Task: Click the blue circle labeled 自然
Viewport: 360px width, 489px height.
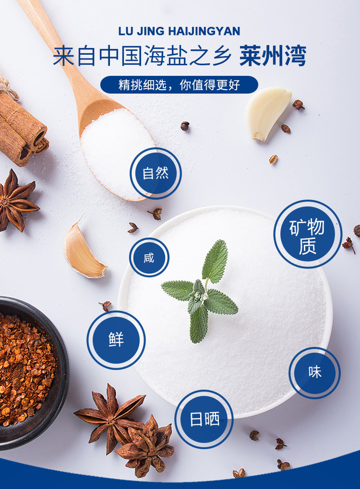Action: tap(156, 173)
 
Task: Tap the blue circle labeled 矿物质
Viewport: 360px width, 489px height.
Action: tap(308, 234)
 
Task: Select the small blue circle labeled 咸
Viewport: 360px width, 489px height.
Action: tap(149, 257)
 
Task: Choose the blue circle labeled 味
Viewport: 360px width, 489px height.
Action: tap(315, 373)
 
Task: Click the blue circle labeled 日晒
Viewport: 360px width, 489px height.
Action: tap(204, 419)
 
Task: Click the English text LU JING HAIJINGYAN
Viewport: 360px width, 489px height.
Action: tap(179, 31)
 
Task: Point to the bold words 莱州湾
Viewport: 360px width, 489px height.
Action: tap(273, 56)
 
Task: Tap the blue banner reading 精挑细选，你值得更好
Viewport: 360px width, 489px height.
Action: tap(179, 84)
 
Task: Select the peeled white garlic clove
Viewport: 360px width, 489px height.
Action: tap(268, 113)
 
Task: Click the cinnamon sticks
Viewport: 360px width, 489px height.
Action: tap(21, 128)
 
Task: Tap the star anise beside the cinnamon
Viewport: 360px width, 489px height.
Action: tap(16, 201)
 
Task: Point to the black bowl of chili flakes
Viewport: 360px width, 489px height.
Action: tap(30, 373)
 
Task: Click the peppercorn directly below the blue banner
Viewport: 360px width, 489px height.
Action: tap(185, 126)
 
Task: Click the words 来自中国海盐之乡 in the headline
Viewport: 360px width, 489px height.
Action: tap(142, 56)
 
